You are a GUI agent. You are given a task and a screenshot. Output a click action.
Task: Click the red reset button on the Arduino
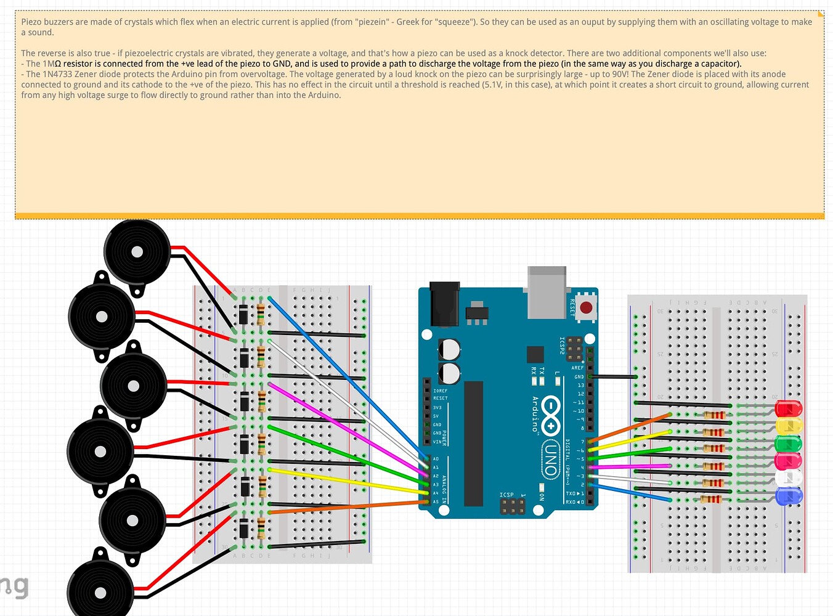point(586,307)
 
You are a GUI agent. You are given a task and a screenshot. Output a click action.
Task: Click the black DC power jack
point(444,304)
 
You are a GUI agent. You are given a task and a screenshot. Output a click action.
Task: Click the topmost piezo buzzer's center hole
point(137,251)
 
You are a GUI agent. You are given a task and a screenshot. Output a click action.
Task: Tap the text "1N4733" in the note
point(57,74)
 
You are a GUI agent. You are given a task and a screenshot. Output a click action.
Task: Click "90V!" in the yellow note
point(620,74)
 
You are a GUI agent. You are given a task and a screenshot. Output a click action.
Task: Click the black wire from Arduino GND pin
point(613,376)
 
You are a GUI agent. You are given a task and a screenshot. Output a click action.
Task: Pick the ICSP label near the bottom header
point(506,495)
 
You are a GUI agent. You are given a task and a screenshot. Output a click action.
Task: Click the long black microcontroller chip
point(473,444)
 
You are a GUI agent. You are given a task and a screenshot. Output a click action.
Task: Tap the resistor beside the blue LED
point(711,499)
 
